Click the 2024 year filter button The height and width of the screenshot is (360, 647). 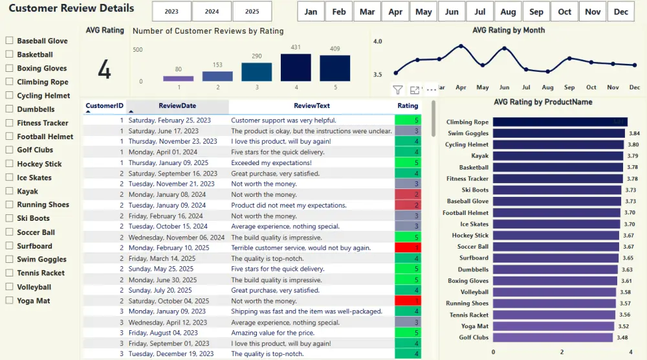[212, 12]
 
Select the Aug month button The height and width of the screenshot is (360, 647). [508, 12]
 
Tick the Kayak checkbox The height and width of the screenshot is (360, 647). [10, 191]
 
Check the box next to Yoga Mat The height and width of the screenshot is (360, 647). [10, 300]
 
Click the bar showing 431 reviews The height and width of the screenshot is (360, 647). [296, 67]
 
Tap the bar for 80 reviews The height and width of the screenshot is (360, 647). [179, 78]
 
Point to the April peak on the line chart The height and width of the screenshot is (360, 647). [461, 46]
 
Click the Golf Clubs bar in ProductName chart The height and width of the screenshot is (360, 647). [553, 337]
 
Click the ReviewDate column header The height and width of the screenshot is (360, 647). [177, 106]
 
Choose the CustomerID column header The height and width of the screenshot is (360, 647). [104, 106]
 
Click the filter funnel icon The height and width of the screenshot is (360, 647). [398, 90]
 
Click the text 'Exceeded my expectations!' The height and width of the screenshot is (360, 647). [271, 163]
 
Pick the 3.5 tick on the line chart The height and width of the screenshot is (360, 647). [378, 75]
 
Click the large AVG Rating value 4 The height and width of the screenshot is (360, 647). [104, 70]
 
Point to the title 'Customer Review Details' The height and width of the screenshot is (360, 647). [71, 8]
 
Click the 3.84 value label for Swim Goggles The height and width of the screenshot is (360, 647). [635, 133]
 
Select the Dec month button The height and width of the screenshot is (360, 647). [620, 12]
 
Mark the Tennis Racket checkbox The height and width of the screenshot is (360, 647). [10, 273]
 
